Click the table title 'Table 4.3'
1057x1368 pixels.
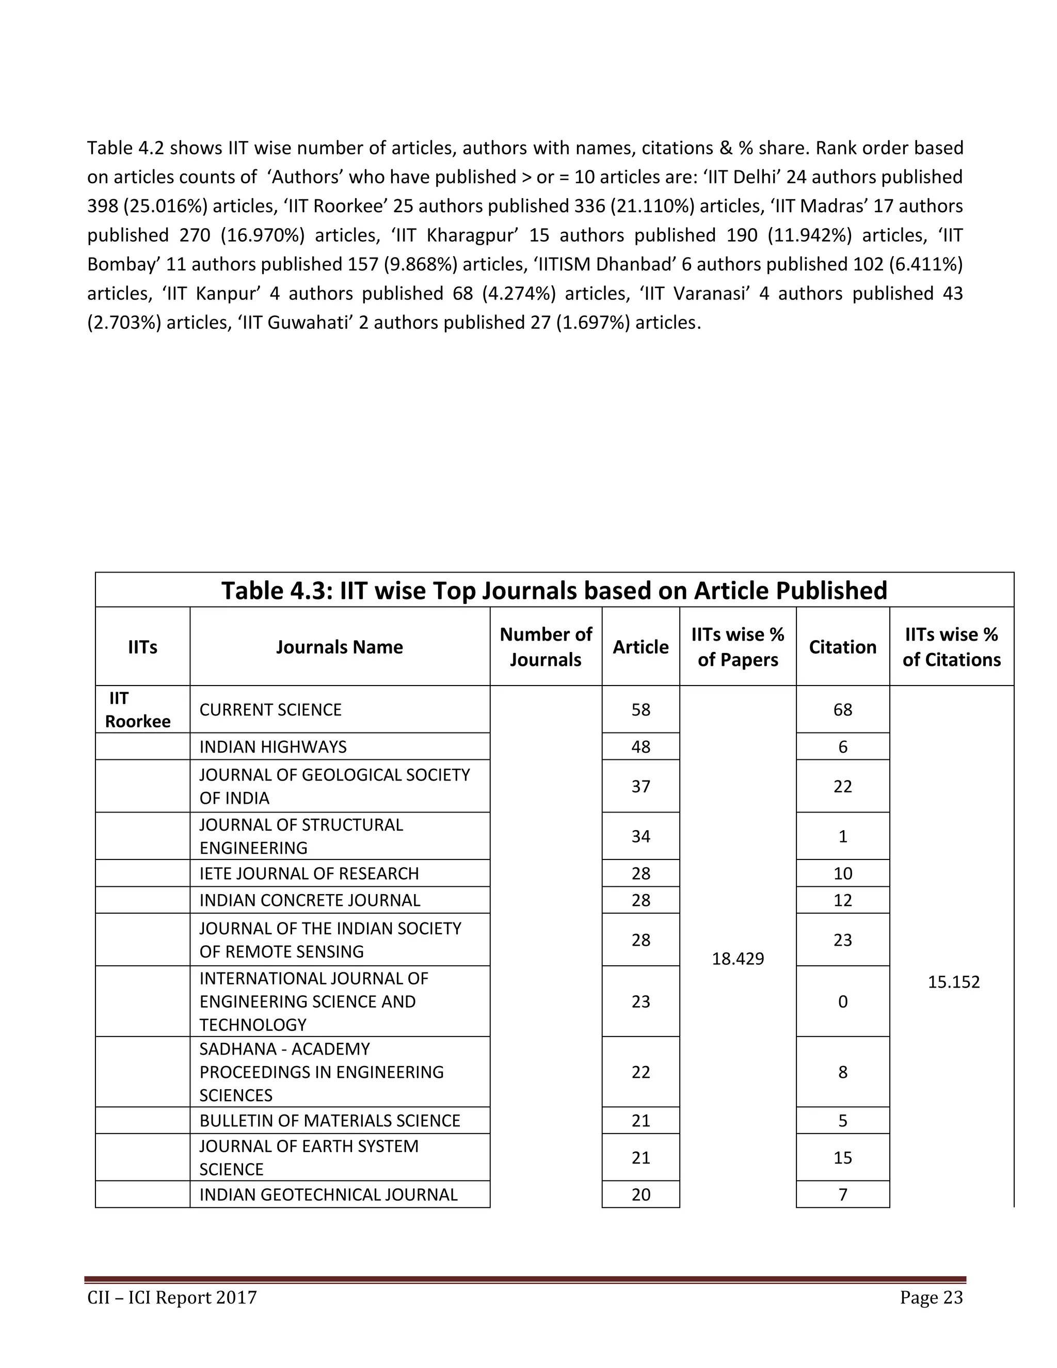coord(554,590)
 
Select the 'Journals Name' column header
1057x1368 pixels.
coord(340,646)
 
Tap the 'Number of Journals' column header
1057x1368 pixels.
coord(546,646)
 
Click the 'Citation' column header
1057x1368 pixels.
coord(842,646)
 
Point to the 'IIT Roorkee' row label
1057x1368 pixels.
coord(137,710)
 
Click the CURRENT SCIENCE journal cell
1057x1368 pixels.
coord(270,710)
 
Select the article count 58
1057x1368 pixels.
coord(640,710)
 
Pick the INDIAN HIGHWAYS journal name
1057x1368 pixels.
coord(273,746)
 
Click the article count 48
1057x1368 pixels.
coord(640,746)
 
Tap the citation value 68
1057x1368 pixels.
coord(842,710)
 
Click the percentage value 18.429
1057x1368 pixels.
coord(738,958)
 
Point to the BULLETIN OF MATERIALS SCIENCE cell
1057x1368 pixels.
coord(329,1120)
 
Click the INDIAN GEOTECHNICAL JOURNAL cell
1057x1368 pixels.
coord(328,1194)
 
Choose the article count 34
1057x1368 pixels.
coord(640,836)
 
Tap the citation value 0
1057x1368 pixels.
coord(842,1001)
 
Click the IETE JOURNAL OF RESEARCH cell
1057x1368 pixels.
coord(309,873)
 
